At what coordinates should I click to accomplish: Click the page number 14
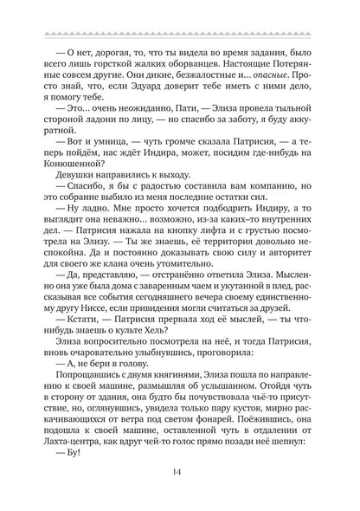coord(180,472)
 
